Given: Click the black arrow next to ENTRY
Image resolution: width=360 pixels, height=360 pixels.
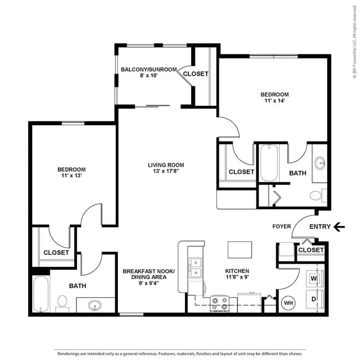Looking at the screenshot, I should (340, 226).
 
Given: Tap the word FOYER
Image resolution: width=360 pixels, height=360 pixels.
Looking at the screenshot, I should (282, 226).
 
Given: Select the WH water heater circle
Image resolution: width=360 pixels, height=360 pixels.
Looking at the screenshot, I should (288, 302).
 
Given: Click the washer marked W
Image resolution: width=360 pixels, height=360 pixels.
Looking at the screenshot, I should (313, 278).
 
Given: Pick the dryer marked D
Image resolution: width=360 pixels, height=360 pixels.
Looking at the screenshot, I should (313, 300).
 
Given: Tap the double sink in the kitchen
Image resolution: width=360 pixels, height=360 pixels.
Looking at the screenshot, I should (194, 268).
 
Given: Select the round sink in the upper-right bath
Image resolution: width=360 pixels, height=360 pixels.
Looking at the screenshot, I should (320, 163).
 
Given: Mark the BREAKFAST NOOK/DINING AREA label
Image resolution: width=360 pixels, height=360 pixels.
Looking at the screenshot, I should (148, 275).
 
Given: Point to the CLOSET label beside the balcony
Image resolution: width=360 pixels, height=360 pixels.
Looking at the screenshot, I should (196, 74).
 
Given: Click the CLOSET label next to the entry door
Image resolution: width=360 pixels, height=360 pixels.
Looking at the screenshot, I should (311, 250).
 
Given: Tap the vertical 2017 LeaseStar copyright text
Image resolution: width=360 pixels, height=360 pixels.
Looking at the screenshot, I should (354, 44).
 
